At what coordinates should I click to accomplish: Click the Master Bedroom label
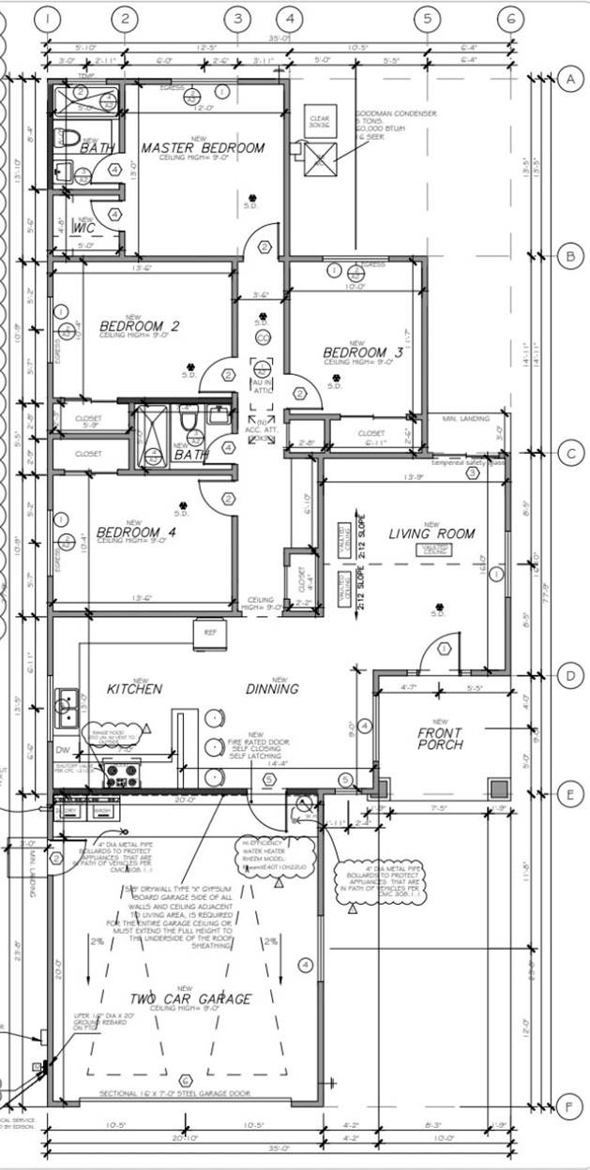coord(203,148)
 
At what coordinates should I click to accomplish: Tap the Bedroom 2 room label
coord(138,326)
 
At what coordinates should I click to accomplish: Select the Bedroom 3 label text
coord(363,352)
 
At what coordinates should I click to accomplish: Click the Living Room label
coord(431,533)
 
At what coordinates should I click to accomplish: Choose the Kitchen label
coord(134,689)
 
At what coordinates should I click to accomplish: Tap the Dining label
coord(273,689)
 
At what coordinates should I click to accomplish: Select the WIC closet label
coord(84,228)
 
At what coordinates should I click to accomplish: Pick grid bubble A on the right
coord(568,79)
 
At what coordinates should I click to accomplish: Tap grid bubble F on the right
coord(568,1103)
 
